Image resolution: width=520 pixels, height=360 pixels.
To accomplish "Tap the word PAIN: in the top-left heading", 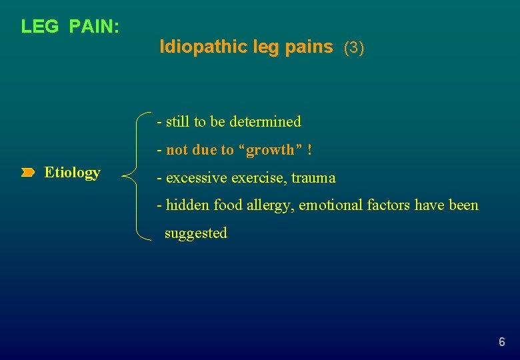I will (x=94, y=27).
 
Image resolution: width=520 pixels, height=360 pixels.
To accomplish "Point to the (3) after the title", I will (x=353, y=48).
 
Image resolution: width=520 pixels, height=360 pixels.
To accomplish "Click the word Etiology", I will (x=72, y=173).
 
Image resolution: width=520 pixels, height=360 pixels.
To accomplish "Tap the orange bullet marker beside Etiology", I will (x=27, y=173).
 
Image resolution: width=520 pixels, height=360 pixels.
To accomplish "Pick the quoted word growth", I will (x=270, y=150).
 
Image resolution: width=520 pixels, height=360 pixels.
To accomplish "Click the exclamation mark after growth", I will (x=310, y=150).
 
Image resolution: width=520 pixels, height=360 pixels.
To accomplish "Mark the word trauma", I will (x=313, y=178).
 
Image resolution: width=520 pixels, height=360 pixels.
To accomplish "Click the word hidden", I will (x=187, y=205).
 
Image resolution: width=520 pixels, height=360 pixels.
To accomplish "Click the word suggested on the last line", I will (x=196, y=233).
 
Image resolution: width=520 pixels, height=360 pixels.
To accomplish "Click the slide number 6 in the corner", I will (x=501, y=343).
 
